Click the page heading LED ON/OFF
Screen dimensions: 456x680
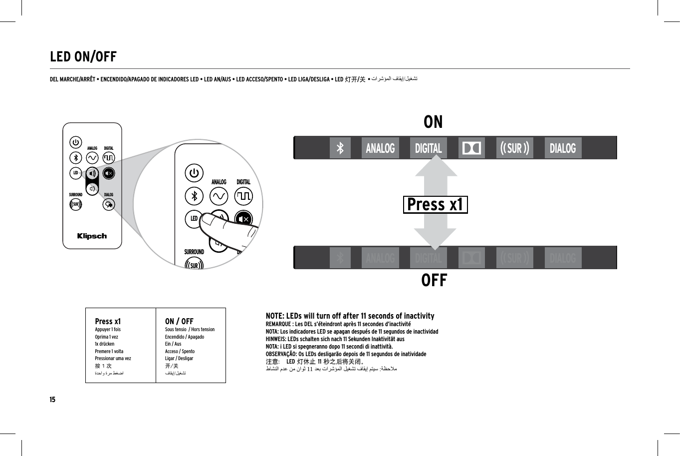(83, 57)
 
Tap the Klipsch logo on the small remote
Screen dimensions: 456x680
(92, 236)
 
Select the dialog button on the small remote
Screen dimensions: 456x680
(109, 204)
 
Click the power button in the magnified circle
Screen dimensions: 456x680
(194, 174)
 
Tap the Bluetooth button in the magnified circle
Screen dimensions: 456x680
(194, 196)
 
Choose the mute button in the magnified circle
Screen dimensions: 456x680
(244, 219)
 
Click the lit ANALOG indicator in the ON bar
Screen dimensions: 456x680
(380, 148)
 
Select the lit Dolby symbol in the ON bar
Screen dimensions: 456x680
(471, 148)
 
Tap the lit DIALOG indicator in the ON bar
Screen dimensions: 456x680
(562, 148)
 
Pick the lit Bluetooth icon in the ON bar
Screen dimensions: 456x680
(340, 148)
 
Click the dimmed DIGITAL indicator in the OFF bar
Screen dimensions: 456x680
(428, 258)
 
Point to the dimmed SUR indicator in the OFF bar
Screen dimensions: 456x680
(515, 258)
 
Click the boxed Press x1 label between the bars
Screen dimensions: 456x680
(435, 205)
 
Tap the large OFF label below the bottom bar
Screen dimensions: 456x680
(434, 281)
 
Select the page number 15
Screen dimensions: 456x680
(52, 400)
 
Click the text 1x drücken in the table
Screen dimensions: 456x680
(105, 344)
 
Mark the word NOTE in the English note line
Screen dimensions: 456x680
(275, 316)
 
